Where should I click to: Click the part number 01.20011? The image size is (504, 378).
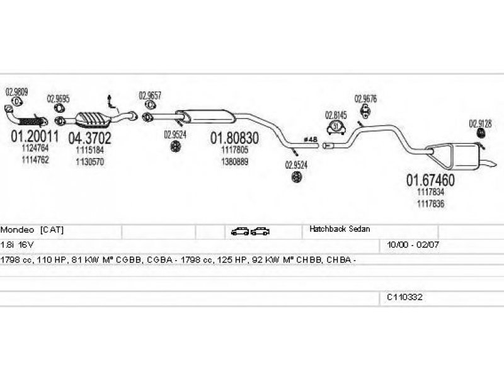click(35, 136)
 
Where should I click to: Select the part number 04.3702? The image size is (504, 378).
click(89, 138)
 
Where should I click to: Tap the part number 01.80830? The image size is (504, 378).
click(234, 137)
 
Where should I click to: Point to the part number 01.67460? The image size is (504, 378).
click(430, 180)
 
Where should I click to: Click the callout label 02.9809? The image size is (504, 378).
click(16, 91)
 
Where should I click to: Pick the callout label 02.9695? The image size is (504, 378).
click(59, 99)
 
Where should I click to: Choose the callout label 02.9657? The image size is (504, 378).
click(150, 96)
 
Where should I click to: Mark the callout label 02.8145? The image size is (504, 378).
click(335, 115)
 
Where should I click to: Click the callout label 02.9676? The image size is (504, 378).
click(365, 99)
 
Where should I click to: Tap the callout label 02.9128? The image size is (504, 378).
click(480, 123)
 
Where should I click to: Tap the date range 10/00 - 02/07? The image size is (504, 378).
click(408, 244)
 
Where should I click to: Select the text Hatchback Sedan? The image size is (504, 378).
click(340, 230)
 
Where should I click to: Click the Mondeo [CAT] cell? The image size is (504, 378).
click(33, 231)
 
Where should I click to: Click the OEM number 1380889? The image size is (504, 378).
click(234, 161)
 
